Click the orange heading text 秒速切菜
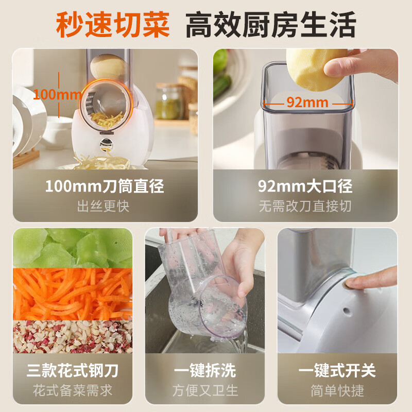coord(113,24)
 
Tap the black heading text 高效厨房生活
coord(270,24)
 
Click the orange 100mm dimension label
coord(57,94)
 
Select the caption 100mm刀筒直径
coord(104,185)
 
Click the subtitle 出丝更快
coord(104,207)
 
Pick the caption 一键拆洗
coord(204,370)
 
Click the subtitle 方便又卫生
coord(204,390)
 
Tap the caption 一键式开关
coord(337,370)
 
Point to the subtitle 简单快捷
coord(337,390)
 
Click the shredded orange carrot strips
coord(73,294)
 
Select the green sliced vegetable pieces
coord(73,248)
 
